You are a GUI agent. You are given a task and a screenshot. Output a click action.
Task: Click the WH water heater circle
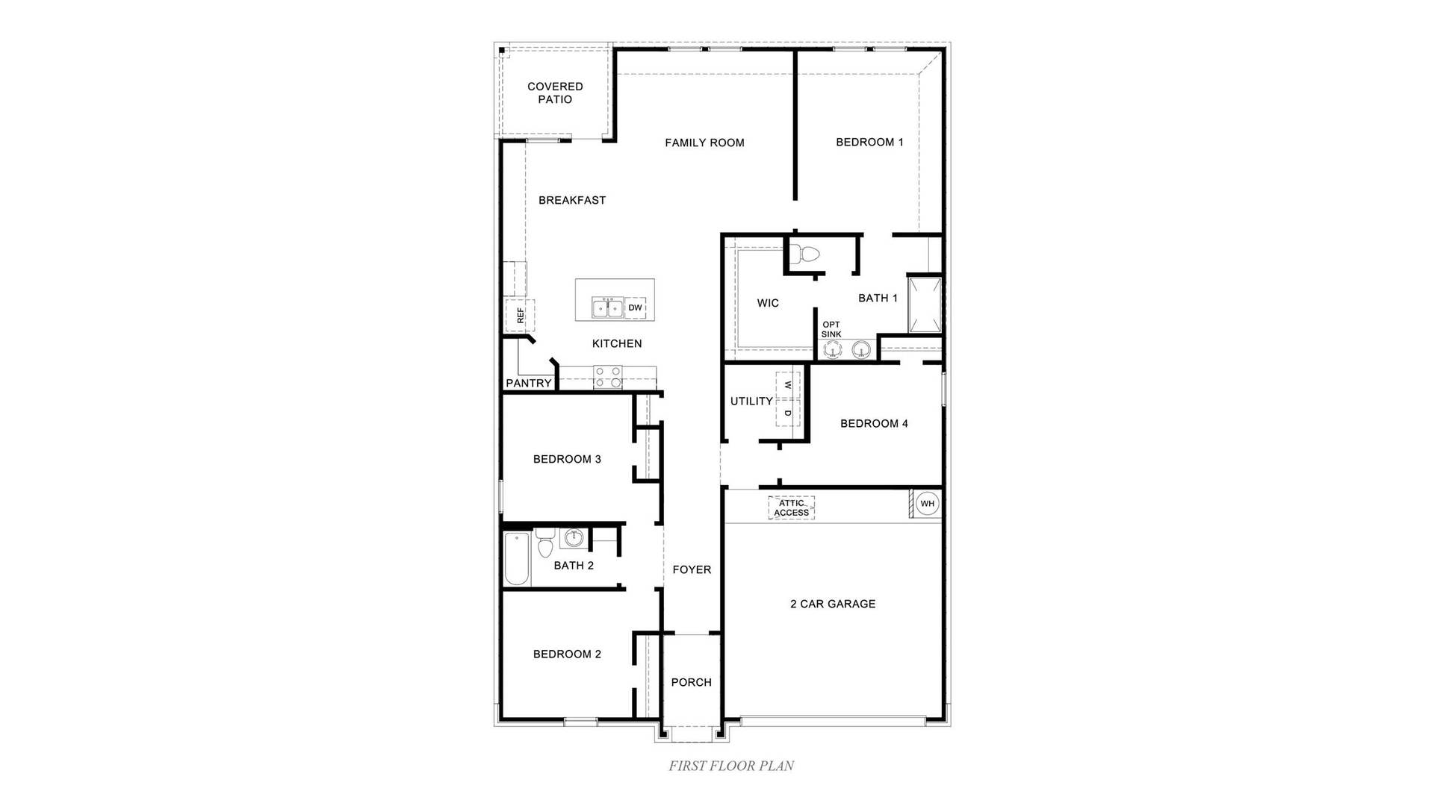coord(927,504)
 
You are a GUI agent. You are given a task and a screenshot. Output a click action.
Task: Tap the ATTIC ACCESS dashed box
coord(791,508)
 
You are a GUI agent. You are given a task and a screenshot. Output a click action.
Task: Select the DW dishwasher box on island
coord(635,307)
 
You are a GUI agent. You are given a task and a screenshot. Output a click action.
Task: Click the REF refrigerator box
coord(520,316)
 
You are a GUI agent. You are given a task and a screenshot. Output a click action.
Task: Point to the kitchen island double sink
coord(607,307)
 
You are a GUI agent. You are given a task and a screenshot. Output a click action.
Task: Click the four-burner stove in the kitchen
coord(607,377)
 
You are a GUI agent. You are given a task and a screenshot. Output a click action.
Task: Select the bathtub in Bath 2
coord(516,559)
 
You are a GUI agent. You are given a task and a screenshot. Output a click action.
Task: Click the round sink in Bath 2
coord(574,537)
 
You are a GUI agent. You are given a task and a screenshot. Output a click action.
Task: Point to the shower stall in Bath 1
coord(925,304)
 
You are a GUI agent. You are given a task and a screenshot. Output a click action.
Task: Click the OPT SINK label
coord(831,329)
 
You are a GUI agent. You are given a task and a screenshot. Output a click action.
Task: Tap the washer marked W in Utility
coord(788,385)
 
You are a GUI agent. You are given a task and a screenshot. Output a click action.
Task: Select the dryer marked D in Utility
coord(788,413)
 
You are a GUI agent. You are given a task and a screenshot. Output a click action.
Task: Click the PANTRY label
coord(529,384)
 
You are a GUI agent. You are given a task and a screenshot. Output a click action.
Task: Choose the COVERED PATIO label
coord(555,93)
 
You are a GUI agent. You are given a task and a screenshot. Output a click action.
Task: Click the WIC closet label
coord(768,303)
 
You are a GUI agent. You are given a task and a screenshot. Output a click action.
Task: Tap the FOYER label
coord(692,569)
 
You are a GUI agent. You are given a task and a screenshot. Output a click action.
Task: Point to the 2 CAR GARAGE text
coord(833,604)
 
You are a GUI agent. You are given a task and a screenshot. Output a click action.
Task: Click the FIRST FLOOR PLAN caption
coord(731,766)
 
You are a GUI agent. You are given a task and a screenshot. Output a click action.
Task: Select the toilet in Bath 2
coord(544,543)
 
